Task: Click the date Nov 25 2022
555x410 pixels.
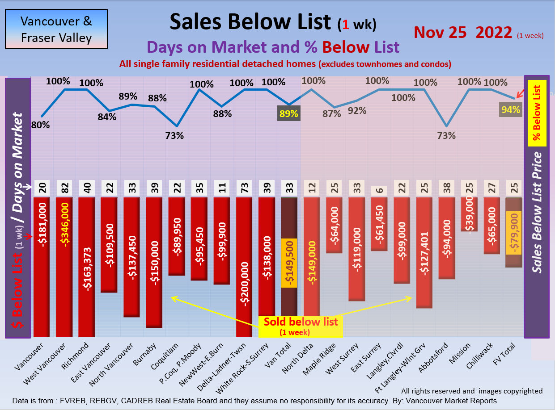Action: click(463, 33)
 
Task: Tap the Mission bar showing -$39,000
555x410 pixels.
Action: click(469, 214)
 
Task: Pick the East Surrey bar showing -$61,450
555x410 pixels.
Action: click(379, 224)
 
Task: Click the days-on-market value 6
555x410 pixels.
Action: click(379, 189)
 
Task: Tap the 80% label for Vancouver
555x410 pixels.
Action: click(40, 126)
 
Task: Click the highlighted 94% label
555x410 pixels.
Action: click(511, 109)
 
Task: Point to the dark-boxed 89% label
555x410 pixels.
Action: click(288, 113)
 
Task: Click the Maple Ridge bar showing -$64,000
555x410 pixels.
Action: click(335, 226)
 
